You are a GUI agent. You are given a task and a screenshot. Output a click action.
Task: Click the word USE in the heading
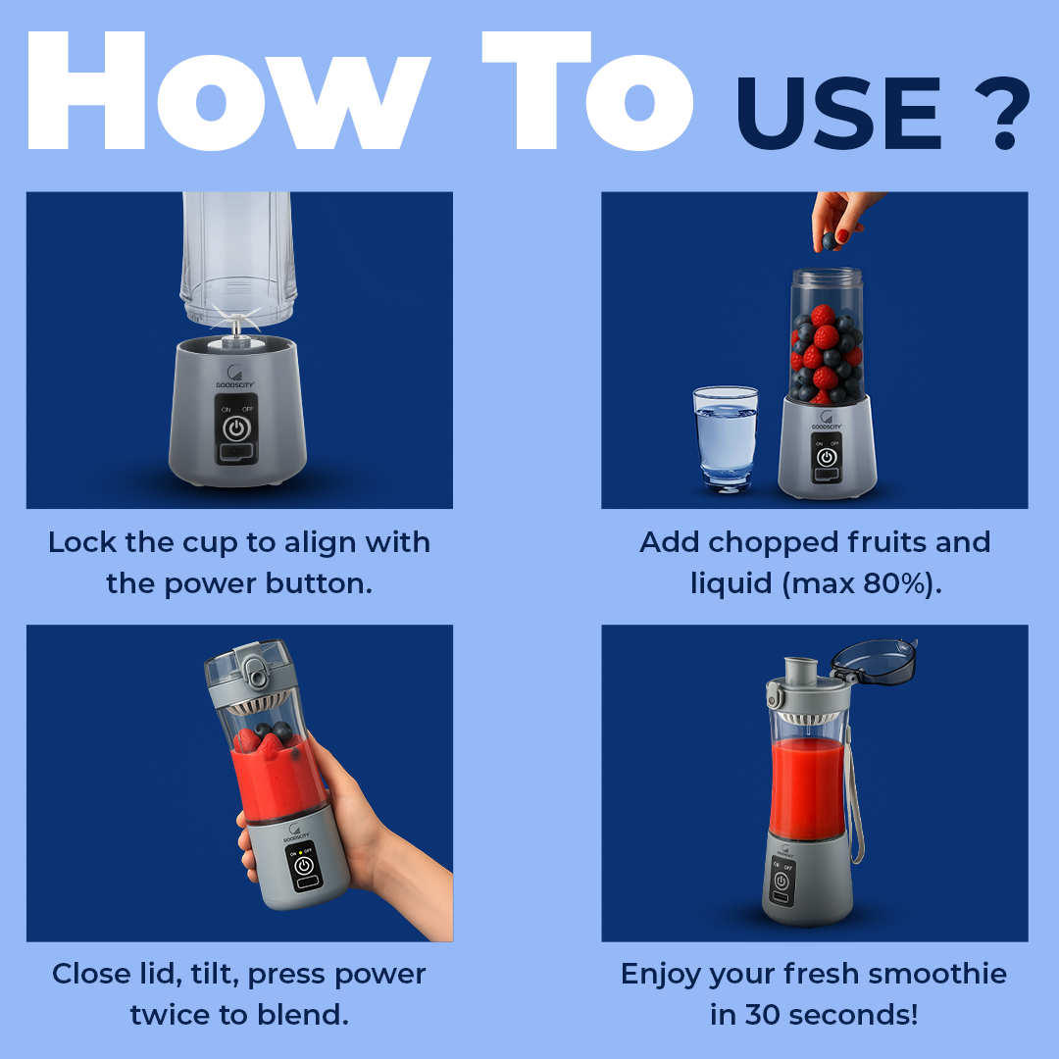tap(838, 114)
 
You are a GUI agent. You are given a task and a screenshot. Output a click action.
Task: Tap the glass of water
tap(726, 437)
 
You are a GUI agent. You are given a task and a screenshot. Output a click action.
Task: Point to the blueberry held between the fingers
tap(831, 240)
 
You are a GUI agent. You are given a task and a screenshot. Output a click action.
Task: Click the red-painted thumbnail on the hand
tap(843, 235)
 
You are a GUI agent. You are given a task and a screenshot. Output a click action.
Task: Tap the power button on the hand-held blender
tap(304, 865)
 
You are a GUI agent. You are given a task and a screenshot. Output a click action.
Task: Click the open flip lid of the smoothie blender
tap(874, 661)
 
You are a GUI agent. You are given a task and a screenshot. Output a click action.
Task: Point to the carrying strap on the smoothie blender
tap(855, 804)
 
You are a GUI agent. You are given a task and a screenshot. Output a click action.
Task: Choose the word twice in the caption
tap(171, 1015)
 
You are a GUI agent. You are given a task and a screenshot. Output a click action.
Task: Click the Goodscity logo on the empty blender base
tap(235, 377)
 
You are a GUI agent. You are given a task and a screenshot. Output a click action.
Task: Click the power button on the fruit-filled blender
tap(827, 457)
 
